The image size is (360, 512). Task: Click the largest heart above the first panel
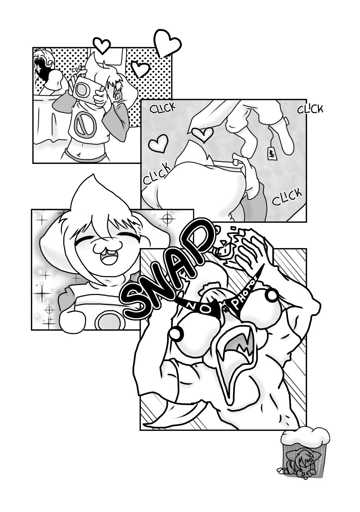click(x=167, y=43)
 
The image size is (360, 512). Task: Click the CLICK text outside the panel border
click(x=310, y=110)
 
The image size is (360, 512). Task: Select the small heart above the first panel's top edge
click(x=102, y=45)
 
